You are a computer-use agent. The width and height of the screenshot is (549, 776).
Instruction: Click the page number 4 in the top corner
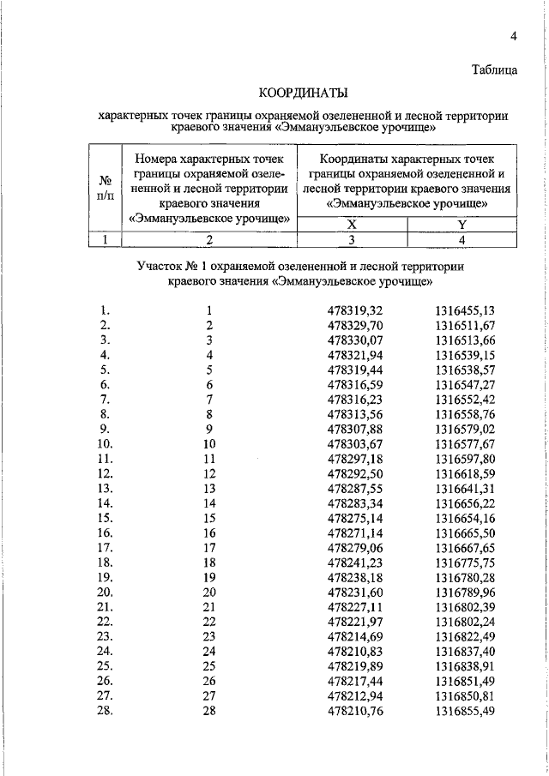point(513,36)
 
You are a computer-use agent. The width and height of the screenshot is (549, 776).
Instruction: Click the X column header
point(353,225)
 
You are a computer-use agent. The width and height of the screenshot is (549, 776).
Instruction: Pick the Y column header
point(462,225)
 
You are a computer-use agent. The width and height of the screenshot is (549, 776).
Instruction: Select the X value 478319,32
point(355,310)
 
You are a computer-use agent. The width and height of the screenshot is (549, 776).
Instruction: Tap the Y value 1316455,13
point(465,310)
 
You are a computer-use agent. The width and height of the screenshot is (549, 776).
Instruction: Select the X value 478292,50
point(355,473)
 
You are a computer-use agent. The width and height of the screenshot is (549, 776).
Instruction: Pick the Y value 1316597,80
point(465,459)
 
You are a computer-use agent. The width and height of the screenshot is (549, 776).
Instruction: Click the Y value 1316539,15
point(465,355)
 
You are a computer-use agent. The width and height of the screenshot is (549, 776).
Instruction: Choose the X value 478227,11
point(355,605)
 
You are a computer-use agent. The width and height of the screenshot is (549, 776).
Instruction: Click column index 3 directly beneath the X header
point(353,240)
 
